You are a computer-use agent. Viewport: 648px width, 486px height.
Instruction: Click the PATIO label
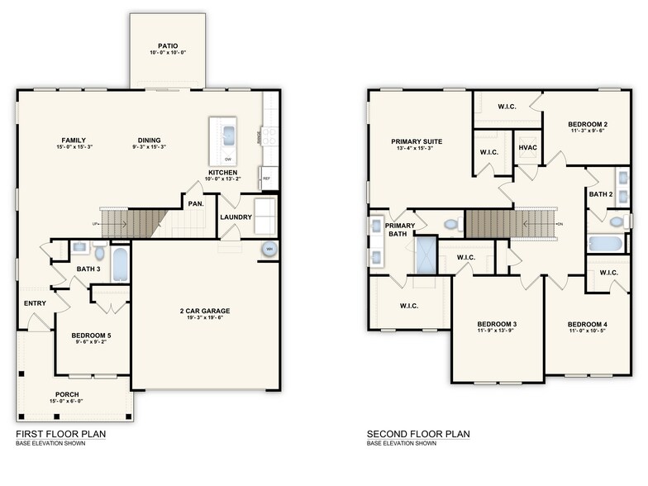click(x=168, y=46)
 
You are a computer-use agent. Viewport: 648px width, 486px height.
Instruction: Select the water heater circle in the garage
click(x=269, y=250)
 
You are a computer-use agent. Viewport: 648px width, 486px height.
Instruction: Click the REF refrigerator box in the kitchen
click(x=267, y=178)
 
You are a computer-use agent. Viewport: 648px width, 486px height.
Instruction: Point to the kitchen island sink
click(x=227, y=133)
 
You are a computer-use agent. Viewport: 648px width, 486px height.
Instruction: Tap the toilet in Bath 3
click(x=99, y=252)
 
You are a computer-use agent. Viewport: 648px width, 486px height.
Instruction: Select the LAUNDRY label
click(x=236, y=217)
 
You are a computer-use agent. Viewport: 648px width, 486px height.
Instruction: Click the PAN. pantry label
click(x=196, y=202)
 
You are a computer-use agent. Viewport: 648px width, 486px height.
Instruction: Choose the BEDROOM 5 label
click(x=91, y=335)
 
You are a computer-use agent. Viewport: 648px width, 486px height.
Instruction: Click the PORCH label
click(x=68, y=394)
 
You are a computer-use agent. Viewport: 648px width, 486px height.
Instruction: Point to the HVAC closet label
click(x=528, y=147)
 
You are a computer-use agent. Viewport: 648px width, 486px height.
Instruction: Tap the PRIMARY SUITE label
click(x=417, y=141)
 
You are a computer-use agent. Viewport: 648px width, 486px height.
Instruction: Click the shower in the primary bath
click(x=426, y=255)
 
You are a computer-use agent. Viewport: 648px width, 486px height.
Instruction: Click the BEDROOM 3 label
click(x=497, y=323)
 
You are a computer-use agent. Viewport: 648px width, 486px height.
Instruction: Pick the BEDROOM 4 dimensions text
click(x=588, y=331)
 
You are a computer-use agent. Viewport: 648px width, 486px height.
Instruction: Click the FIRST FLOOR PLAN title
click(x=60, y=433)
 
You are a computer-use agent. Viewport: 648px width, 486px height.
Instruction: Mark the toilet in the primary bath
click(x=450, y=223)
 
